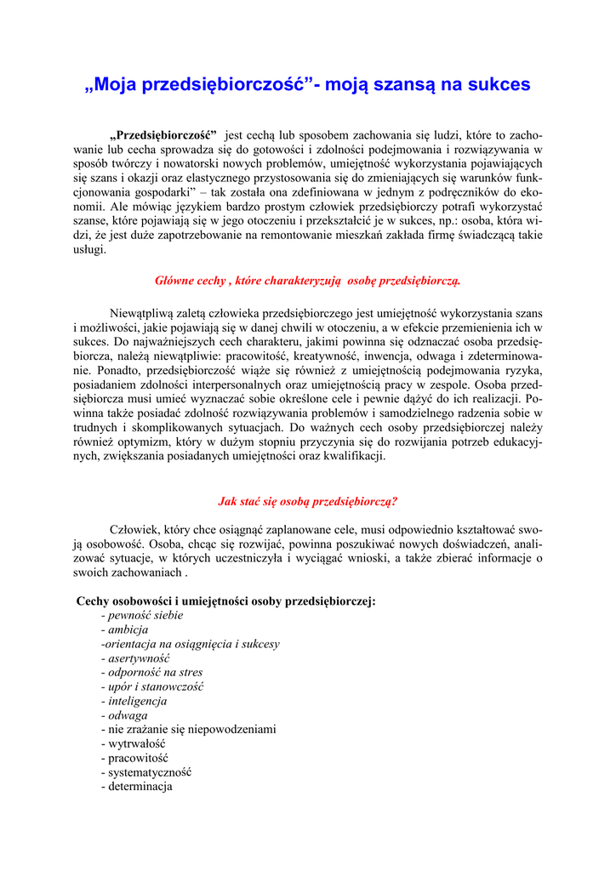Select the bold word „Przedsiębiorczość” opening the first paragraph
point(163,135)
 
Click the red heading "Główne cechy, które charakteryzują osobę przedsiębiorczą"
point(307,280)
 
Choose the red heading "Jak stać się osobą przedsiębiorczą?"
point(308,501)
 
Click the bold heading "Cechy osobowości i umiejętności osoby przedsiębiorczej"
point(225,601)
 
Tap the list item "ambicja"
point(128,629)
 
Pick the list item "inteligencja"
point(137,701)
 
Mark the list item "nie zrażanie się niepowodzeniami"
point(191,730)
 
